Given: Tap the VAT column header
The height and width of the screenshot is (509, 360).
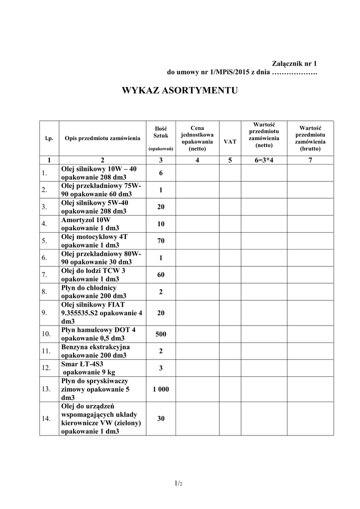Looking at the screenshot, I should coord(230,142).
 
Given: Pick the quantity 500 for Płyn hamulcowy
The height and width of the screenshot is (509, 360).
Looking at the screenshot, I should coord(161,334).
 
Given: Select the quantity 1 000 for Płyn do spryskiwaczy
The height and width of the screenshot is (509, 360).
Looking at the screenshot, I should coord(161,389).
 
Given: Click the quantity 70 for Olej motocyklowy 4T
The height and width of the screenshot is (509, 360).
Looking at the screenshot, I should coord(161,241).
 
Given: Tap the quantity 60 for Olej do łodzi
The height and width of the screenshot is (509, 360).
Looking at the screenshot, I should coord(161,274).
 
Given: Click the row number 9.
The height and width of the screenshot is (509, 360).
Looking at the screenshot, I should coord(44,313).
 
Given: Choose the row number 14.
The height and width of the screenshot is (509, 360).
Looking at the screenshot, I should coord(46,419).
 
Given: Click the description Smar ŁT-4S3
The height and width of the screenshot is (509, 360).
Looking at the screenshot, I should coord(83,368).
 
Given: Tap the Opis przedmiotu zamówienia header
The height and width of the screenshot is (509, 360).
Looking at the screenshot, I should coord(102,138).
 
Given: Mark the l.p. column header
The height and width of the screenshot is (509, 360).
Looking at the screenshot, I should coord(49,138).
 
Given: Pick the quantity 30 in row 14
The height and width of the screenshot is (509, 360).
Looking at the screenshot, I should coord(161,419).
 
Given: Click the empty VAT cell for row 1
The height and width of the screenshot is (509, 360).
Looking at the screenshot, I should coord(230,173).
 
